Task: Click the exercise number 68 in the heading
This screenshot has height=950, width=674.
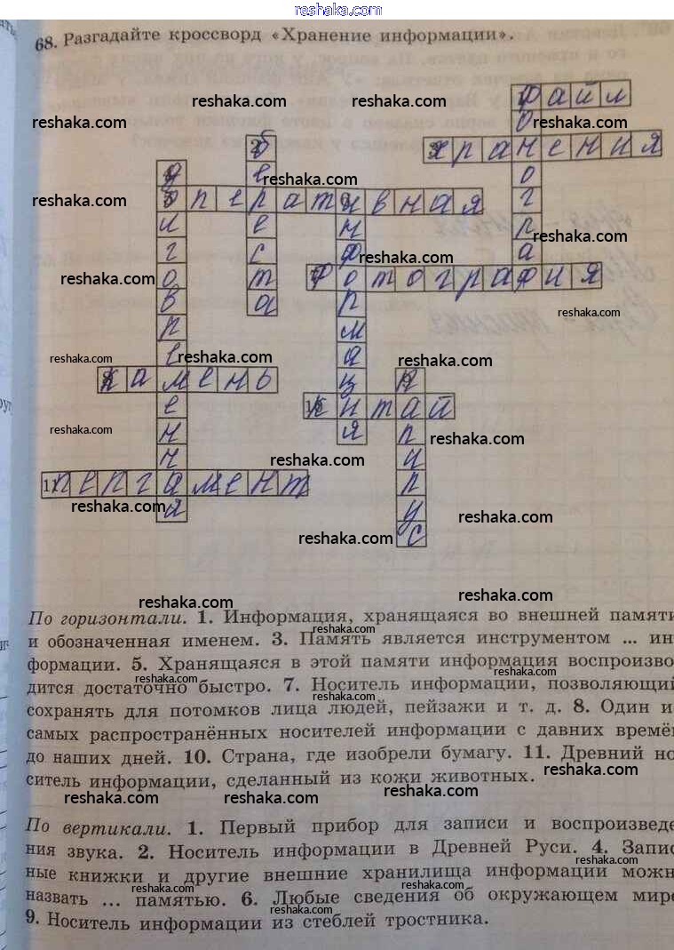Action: coord(45,44)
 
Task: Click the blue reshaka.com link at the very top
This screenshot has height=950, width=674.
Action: coord(337,10)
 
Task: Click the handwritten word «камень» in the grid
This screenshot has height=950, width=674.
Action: coord(188,381)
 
